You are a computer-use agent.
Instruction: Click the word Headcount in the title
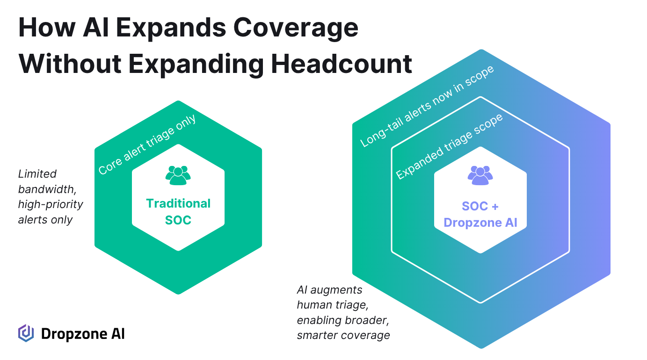[342, 64]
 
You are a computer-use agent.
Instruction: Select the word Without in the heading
[70, 64]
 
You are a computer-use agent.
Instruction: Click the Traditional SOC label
[178, 212]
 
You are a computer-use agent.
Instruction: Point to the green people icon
[178, 175]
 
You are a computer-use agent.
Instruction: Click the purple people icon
[480, 175]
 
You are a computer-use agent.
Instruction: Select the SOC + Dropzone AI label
[480, 214]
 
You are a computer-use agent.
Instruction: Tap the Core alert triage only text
[147, 144]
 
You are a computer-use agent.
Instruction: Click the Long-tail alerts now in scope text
[427, 106]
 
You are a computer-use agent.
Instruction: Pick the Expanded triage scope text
[449, 146]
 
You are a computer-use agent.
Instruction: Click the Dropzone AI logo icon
[26, 333]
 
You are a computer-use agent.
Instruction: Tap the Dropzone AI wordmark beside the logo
[83, 334]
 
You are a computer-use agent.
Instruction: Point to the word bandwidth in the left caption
[47, 189]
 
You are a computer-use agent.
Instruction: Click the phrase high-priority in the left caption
[51, 205]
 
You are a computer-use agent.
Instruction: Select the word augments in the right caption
[336, 290]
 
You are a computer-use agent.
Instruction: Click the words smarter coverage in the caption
[343, 335]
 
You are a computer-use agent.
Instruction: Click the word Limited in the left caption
[37, 174]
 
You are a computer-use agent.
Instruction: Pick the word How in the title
[47, 28]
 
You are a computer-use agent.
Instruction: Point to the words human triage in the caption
[333, 305]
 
